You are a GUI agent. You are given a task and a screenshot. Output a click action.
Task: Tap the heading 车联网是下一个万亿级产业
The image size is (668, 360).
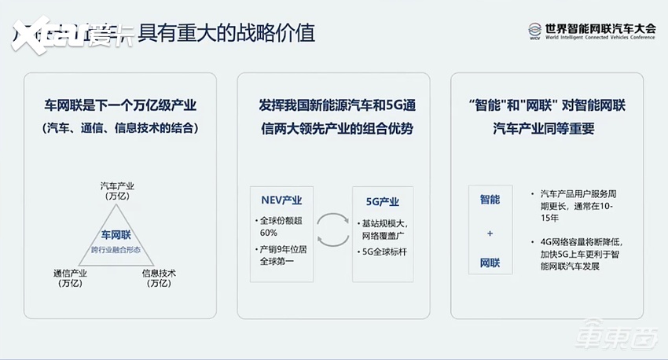click(120, 105)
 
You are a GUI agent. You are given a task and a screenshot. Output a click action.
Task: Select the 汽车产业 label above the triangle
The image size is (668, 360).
click(117, 191)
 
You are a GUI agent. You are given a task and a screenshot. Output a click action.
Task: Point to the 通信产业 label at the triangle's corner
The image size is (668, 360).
click(70, 277)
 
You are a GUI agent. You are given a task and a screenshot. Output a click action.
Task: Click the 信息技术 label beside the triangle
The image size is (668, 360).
click(159, 277)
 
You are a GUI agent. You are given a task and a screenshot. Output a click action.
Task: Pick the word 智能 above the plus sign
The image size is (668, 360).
click(490, 200)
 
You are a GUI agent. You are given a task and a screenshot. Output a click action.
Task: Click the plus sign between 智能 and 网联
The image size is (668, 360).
click(490, 233)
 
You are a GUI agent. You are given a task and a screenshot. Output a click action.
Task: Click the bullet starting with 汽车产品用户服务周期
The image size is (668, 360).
click(580, 203)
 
